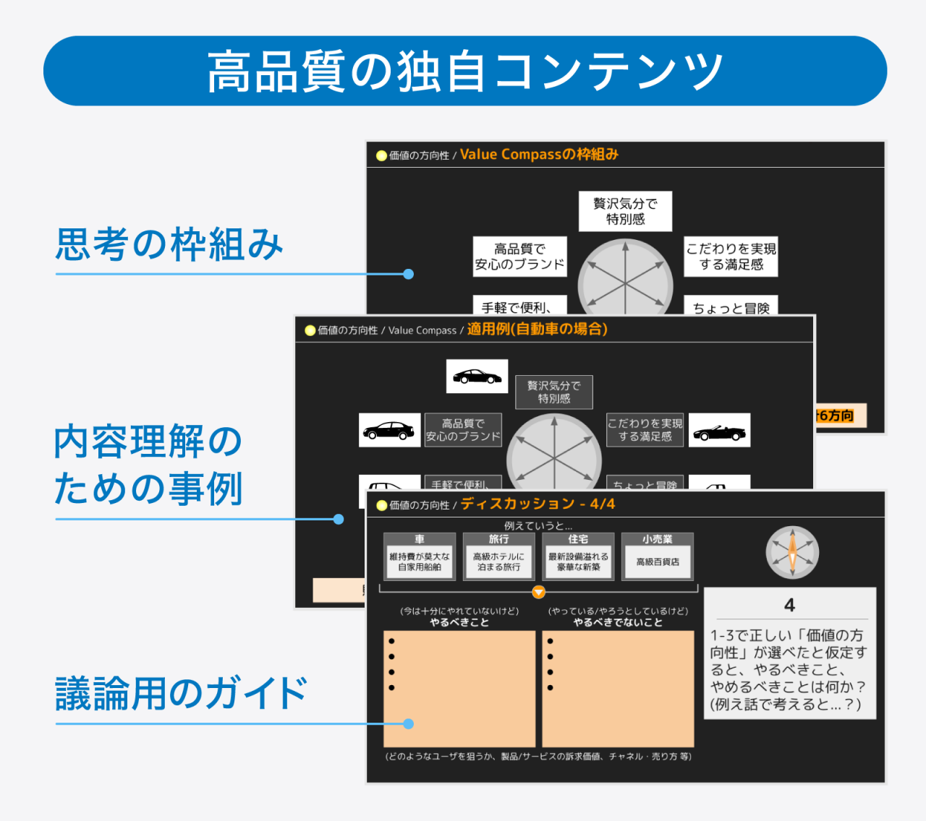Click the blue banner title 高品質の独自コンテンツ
click(464, 71)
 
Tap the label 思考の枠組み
click(169, 244)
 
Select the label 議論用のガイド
click(181, 694)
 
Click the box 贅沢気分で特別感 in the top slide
click(625, 211)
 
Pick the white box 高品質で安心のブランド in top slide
click(519, 257)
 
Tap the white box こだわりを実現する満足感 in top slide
click(731, 257)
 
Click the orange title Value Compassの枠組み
click(539, 154)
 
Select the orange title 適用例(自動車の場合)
click(537, 330)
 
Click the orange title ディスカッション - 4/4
click(538, 504)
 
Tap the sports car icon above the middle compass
click(477, 377)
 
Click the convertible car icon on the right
click(719, 431)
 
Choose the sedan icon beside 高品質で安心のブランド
click(389, 431)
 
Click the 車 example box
click(420, 556)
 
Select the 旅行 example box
click(498, 556)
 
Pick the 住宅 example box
click(578, 556)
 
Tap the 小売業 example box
click(658, 556)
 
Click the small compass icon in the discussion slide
click(792, 553)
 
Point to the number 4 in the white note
click(789, 605)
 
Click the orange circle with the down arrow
click(538, 593)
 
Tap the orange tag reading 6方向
click(839, 416)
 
